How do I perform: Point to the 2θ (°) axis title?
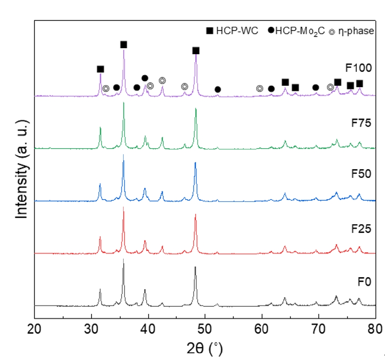[205, 348]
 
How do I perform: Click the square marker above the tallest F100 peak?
[124, 45]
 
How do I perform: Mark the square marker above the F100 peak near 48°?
[196, 51]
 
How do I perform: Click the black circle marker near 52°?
[218, 90]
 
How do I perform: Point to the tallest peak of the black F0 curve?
[123, 260]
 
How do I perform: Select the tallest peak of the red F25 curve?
[123, 207]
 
